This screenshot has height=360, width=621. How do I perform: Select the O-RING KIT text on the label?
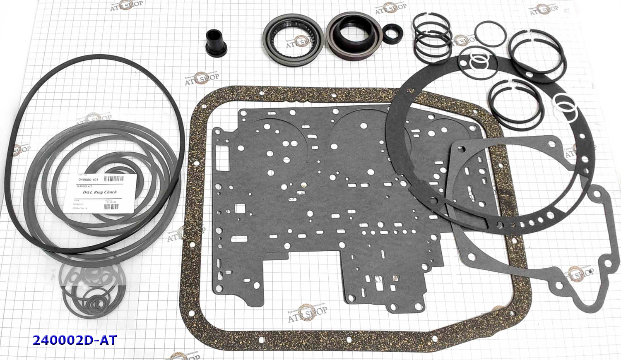89,186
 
